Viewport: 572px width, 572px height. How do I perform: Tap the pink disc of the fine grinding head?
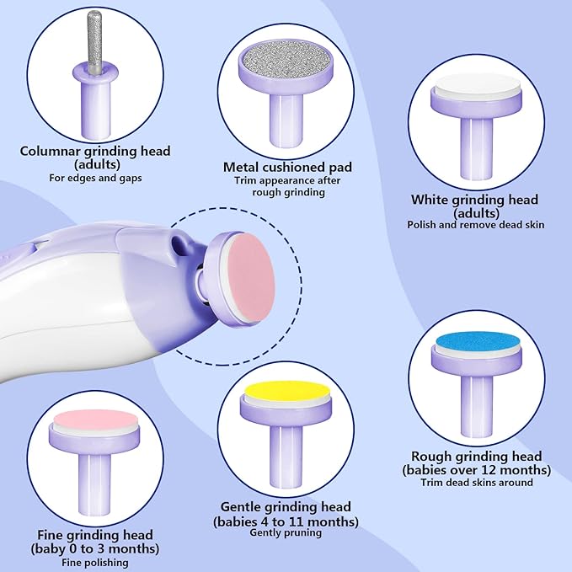click(x=95, y=420)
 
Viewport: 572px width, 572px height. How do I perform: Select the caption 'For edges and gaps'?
click(x=95, y=179)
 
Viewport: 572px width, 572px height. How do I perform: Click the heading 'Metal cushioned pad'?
click(x=287, y=168)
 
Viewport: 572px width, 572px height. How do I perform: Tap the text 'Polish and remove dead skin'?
click(x=475, y=225)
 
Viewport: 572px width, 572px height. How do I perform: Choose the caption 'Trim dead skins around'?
click(x=477, y=482)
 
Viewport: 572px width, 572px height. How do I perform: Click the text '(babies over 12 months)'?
click(x=477, y=469)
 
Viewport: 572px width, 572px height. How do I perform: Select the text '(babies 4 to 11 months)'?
click(x=286, y=521)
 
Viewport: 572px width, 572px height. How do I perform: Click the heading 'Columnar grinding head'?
click(x=95, y=152)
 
